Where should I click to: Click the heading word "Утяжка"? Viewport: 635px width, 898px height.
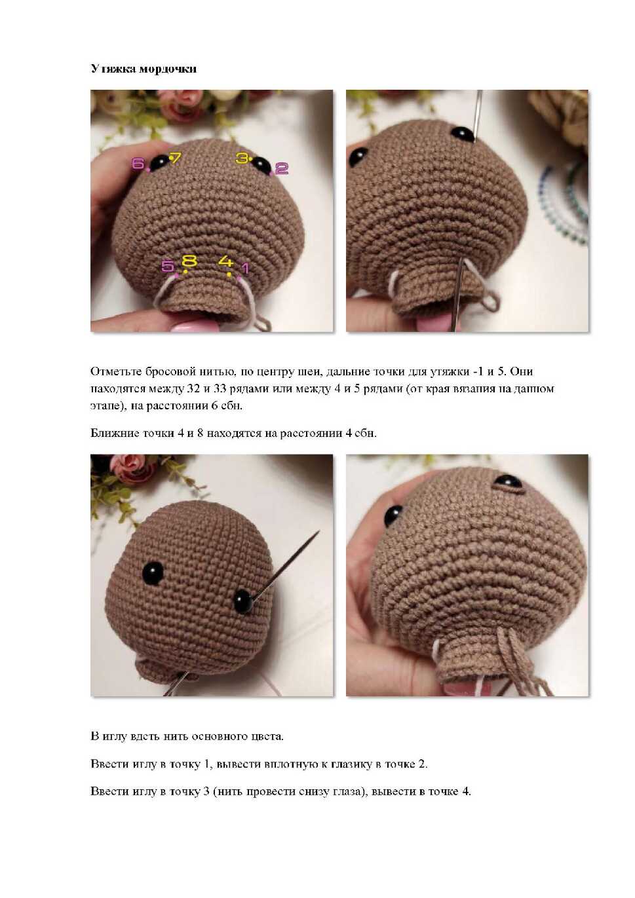click(x=113, y=69)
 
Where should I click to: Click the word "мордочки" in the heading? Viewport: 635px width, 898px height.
click(x=168, y=69)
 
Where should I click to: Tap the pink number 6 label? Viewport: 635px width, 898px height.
click(x=138, y=163)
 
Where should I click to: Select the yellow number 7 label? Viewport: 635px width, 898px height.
click(x=176, y=157)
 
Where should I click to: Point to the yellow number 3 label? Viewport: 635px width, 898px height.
click(x=242, y=158)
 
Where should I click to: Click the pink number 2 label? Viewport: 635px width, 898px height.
click(x=282, y=168)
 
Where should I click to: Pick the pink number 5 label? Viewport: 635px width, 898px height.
click(x=167, y=266)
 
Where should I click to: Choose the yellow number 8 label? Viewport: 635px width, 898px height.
click(x=189, y=261)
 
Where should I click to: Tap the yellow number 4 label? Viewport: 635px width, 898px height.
click(x=226, y=261)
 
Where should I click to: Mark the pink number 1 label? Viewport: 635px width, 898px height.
click(x=244, y=268)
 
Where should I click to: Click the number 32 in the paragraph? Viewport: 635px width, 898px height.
click(x=193, y=388)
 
